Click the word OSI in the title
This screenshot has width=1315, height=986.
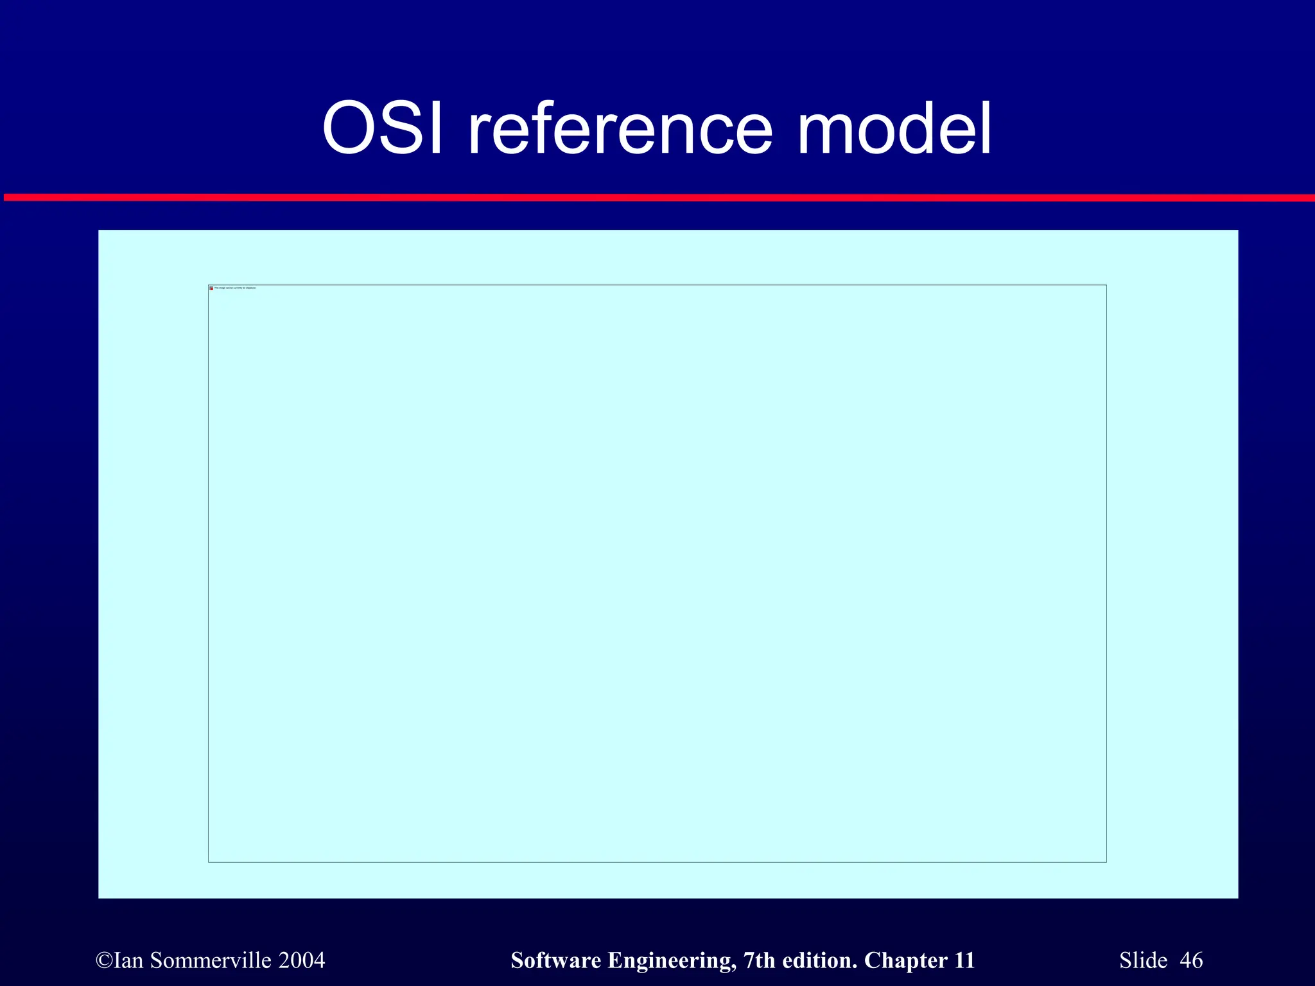tap(383, 128)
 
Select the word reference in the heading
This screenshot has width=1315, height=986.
tap(620, 128)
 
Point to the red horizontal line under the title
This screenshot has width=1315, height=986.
tap(657, 198)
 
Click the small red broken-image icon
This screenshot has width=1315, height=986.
tap(211, 288)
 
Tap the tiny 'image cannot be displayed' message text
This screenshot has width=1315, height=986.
tap(235, 288)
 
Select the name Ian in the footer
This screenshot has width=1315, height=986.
tap(129, 960)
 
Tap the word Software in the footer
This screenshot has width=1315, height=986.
tap(555, 960)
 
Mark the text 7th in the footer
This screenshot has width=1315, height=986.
tap(758, 960)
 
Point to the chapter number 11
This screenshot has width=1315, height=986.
tap(964, 960)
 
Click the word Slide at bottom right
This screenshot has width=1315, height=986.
tap(1144, 960)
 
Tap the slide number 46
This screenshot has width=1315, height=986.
tap(1192, 960)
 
